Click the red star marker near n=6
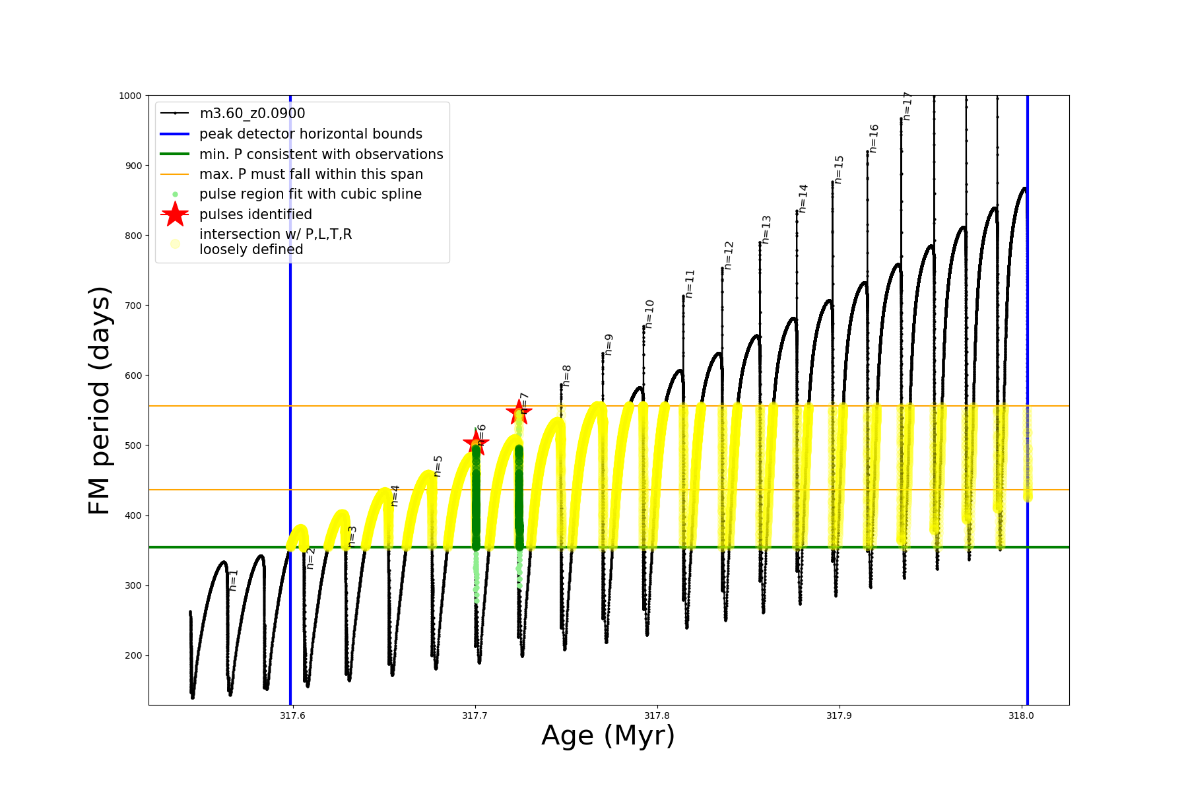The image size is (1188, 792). tap(476, 442)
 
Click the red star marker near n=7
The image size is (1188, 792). tap(519, 412)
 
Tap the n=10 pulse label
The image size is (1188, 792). tap(649, 314)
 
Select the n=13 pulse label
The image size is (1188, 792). tap(766, 230)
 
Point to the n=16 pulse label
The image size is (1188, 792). tap(874, 139)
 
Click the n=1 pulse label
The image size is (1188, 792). tap(233, 580)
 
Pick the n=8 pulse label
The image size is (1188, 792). tap(566, 376)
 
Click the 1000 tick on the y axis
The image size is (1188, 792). tap(130, 96)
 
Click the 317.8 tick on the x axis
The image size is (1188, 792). tap(657, 715)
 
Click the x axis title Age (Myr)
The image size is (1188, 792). tap(608, 736)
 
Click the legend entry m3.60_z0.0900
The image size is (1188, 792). tap(252, 114)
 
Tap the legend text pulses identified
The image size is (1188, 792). tap(255, 214)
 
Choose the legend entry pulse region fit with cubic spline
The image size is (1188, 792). tap(310, 194)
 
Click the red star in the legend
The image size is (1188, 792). tap(175, 214)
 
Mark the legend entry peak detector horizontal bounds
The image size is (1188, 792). tap(311, 134)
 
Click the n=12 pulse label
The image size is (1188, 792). tap(729, 255)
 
